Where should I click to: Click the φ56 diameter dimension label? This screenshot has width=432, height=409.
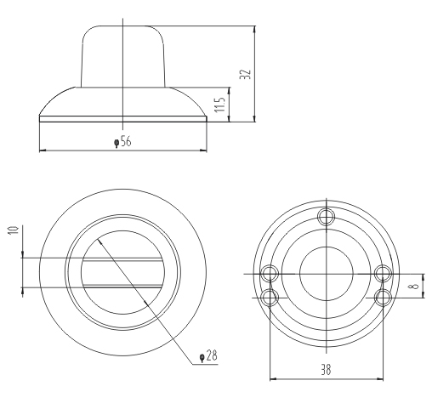pos(122,141)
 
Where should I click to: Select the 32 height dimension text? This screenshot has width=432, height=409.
pos(246,74)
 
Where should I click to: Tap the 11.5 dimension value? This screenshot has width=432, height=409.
pos(220,105)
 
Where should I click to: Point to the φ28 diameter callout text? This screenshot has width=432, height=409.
pos(208,355)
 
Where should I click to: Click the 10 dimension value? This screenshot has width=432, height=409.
pos(14,230)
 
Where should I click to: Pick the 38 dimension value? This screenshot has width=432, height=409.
pos(326,370)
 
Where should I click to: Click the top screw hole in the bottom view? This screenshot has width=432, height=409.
pos(327,217)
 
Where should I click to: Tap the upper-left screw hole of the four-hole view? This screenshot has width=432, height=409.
pos(270,274)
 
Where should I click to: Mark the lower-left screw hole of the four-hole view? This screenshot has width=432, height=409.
pos(270,298)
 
